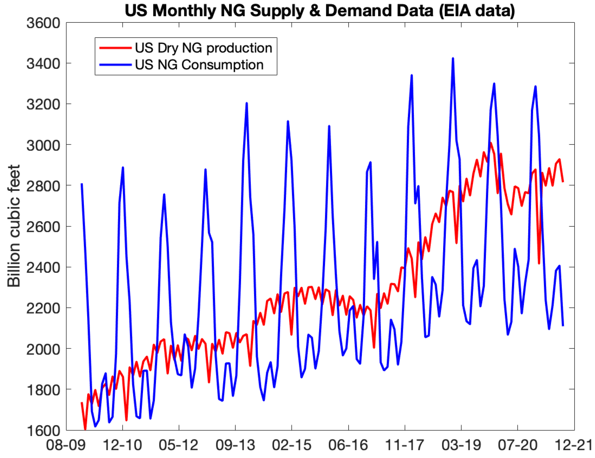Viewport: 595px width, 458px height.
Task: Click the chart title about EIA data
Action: (320, 11)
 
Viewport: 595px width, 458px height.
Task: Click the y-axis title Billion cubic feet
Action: (14, 226)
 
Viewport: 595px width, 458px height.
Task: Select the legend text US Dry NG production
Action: (203, 48)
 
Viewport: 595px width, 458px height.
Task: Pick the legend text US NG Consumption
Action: (199, 65)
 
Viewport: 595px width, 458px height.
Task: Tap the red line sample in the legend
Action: (115, 48)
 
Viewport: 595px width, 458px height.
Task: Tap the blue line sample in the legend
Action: (115, 65)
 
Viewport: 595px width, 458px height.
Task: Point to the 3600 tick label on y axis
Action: (43, 23)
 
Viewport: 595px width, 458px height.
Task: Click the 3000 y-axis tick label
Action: (43, 145)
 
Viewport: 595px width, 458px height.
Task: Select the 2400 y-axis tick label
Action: (43, 267)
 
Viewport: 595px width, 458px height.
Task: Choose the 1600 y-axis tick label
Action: (43, 430)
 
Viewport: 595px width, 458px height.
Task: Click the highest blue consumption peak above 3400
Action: (453, 59)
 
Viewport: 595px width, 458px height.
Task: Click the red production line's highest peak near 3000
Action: (491, 143)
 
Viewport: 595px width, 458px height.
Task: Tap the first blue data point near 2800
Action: (82, 184)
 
